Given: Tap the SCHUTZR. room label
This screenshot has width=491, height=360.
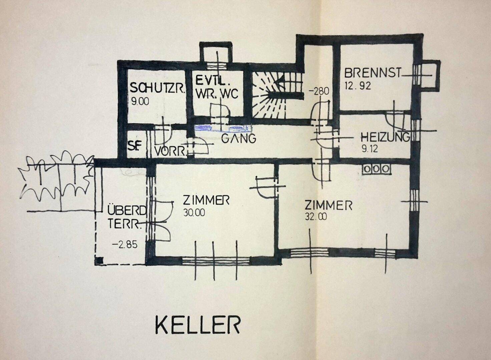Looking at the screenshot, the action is tap(157, 89).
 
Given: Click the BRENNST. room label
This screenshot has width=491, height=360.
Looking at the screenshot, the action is tap(373, 73).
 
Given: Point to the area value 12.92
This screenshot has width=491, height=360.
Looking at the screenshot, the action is tap(357, 86).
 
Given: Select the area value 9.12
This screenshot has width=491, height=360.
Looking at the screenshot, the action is tap(370, 149).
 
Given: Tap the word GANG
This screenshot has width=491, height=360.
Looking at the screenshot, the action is tap(238, 138).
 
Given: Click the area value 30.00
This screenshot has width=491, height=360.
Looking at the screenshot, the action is tap(194, 213).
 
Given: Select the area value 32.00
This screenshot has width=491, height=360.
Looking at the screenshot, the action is tap(316, 217).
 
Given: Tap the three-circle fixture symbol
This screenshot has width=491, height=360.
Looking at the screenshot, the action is tap(376, 169).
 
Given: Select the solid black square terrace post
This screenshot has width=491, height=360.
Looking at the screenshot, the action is tap(100, 261).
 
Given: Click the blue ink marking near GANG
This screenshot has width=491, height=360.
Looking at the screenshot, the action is tap(222, 128).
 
